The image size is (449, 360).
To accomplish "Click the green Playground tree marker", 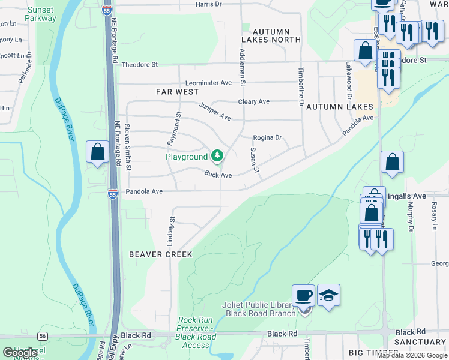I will (217, 157).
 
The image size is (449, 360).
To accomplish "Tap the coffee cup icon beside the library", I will (304, 296).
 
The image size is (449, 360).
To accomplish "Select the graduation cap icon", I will (328, 295).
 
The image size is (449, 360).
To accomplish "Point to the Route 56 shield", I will (43, 335).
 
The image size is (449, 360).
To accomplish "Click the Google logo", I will (20, 353).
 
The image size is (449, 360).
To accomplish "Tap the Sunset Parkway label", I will (41, 14).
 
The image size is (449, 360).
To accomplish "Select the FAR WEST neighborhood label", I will (177, 92).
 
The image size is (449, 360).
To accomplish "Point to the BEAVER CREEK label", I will (161, 254).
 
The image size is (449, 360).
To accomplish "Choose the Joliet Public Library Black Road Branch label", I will (258, 309).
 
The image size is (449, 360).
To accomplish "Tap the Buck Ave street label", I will (218, 175).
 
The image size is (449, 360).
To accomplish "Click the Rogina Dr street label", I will (267, 137).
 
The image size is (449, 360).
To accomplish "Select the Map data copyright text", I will (412, 355).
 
